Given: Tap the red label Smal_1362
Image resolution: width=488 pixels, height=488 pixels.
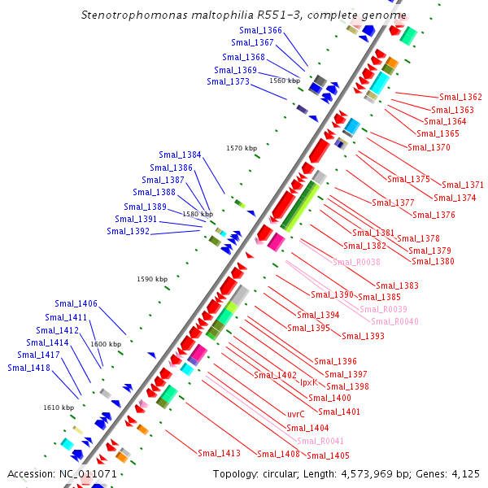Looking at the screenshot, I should click(x=460, y=97).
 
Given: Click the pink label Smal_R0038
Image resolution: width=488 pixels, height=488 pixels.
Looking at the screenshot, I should click(x=355, y=261).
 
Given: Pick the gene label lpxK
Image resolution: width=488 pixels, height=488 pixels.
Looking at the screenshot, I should click(x=308, y=381).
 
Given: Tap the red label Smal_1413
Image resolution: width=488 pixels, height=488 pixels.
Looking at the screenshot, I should click(x=219, y=453).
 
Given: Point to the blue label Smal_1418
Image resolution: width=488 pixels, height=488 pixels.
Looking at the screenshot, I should click(x=28, y=368).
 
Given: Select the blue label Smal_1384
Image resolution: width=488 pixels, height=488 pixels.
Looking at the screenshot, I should click(x=180, y=155).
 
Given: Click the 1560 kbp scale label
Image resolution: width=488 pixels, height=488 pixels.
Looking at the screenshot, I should click(x=285, y=81).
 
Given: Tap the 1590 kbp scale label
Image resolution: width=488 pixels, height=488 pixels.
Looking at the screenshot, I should click(x=152, y=279).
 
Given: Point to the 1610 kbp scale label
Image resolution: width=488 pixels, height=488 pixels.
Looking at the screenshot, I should click(x=59, y=407).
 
